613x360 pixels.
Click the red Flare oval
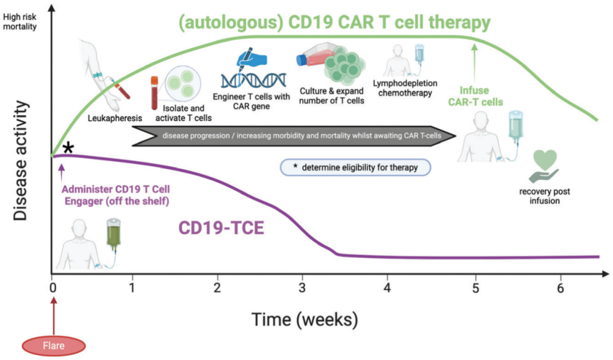pyautogui.click(x=53, y=345)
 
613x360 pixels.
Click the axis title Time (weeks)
pyautogui.click(x=305, y=319)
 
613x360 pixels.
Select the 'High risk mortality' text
pyautogui.click(x=20, y=21)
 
